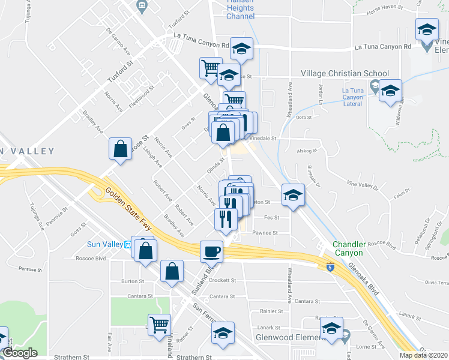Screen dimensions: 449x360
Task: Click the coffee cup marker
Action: (211, 251)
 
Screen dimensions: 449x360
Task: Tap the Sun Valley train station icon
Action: (127, 244)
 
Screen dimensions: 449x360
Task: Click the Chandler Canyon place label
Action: (348, 248)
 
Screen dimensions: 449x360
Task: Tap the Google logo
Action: (20, 353)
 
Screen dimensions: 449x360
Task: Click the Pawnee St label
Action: (266, 232)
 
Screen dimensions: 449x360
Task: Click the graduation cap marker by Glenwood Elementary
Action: (331, 329)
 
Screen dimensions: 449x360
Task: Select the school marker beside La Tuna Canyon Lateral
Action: (390, 91)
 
